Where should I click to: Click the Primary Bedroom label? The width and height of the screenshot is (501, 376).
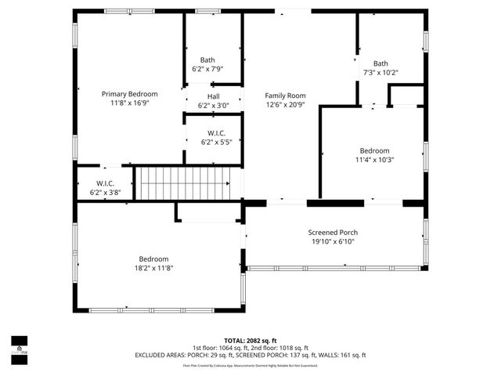[x=130, y=94]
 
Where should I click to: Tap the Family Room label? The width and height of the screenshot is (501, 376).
[x=284, y=94]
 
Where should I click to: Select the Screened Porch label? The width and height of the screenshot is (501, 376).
[x=333, y=233]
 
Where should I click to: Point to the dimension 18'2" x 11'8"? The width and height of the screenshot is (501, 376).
[x=153, y=268]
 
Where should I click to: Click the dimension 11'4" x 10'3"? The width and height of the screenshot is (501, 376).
[x=374, y=160]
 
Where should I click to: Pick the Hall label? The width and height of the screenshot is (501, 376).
[x=213, y=96]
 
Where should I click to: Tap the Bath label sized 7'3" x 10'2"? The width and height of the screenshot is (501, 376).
[x=380, y=63]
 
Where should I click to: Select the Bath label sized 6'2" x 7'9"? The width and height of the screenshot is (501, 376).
[x=207, y=60]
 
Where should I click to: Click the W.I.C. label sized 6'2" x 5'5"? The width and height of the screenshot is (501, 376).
[x=215, y=133]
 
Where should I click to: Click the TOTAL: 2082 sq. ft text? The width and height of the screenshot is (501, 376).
[x=250, y=340]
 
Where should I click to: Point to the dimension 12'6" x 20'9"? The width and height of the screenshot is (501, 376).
[x=284, y=103]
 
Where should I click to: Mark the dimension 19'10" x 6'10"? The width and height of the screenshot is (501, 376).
[x=333, y=242]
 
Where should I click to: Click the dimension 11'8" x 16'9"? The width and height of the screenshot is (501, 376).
[x=130, y=103]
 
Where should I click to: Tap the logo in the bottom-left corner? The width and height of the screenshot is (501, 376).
[x=18, y=345]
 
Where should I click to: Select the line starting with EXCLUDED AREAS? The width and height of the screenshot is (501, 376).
[x=250, y=355]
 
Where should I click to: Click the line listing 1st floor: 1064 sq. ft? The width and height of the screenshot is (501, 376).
[x=250, y=348]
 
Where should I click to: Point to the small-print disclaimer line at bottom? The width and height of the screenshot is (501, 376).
[x=250, y=365]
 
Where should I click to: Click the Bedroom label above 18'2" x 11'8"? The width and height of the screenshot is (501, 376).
[x=153, y=259]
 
